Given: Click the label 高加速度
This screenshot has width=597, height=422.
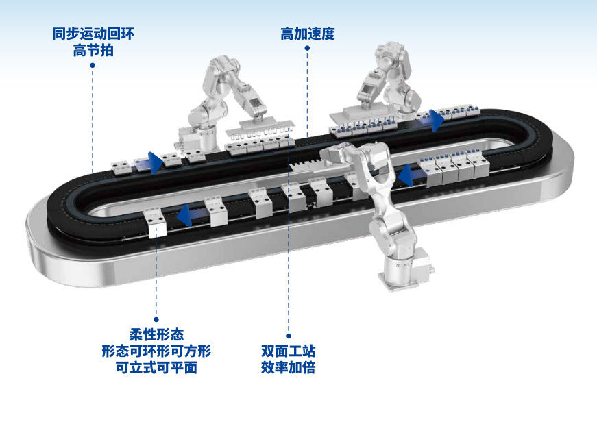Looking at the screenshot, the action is click(308, 34).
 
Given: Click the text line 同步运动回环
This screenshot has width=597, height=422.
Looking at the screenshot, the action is click(93, 34).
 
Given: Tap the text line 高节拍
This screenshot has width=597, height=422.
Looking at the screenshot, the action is click(93, 51).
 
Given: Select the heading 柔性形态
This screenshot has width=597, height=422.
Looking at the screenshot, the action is click(156, 335).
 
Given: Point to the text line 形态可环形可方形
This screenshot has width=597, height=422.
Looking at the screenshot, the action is click(156, 351).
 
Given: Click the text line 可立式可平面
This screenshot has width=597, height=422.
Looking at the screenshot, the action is click(156, 368).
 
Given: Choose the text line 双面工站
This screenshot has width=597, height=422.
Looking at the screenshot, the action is click(289, 351).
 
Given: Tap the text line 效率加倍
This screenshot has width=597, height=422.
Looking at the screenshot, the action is click(289, 368).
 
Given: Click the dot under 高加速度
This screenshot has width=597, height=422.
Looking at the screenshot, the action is click(307, 48).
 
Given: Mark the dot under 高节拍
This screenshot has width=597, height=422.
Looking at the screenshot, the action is click(93, 65).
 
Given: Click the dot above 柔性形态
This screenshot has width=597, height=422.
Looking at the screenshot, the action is click(156, 319).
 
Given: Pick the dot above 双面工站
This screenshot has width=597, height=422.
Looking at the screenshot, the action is click(289, 336).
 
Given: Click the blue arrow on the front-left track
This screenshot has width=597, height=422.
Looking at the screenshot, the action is click(189, 215).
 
